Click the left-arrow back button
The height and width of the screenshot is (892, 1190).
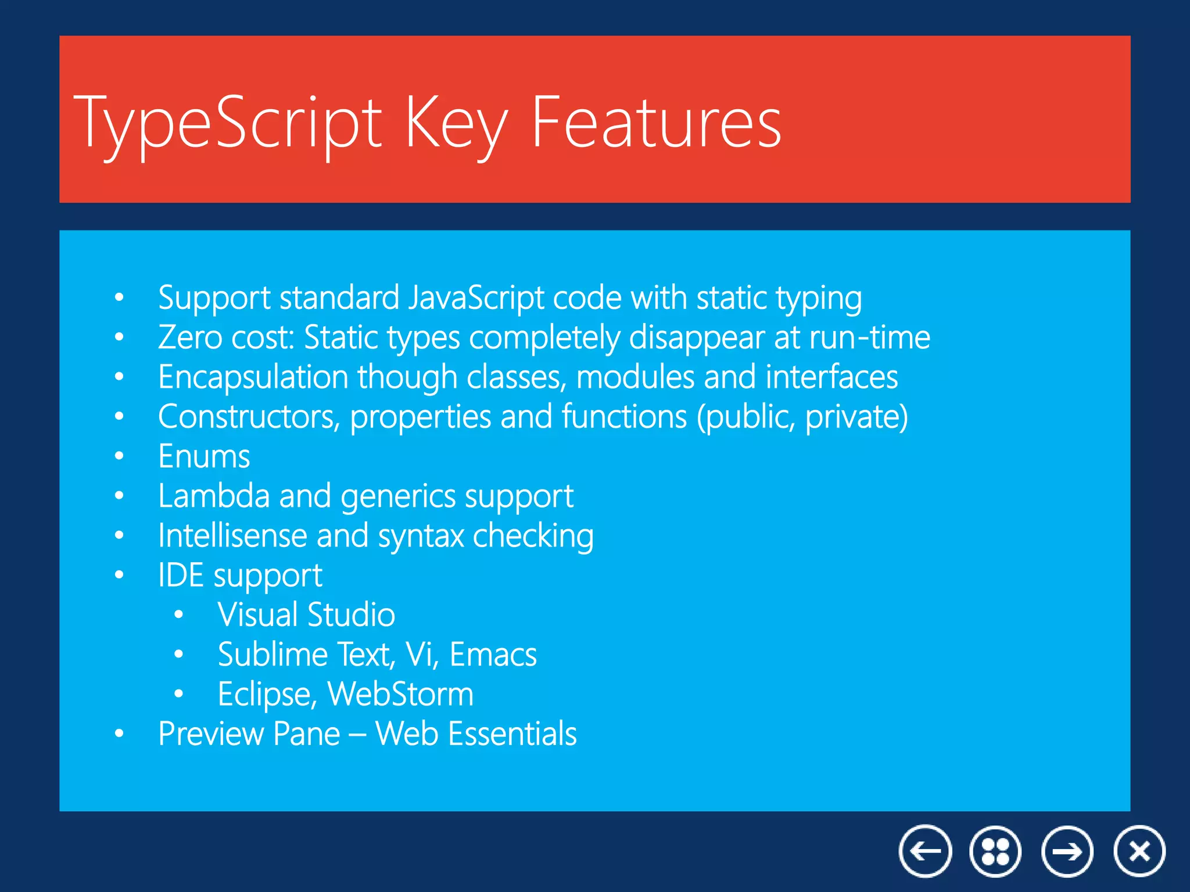pyautogui.click(x=925, y=851)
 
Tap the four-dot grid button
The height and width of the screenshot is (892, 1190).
pyautogui.click(x=995, y=851)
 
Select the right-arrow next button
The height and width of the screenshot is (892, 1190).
pyautogui.click(x=1067, y=851)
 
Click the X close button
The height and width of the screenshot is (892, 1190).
pyautogui.click(x=1139, y=851)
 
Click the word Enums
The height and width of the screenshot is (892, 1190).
pyautogui.click(x=204, y=456)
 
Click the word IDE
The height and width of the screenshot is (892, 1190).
pyautogui.click(x=181, y=576)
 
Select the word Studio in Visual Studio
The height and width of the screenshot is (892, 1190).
pyautogui.click(x=352, y=615)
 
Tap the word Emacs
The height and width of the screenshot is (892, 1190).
pyautogui.click(x=493, y=654)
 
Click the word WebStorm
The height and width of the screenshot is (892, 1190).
pyautogui.click(x=400, y=694)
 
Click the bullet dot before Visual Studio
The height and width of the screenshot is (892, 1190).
pyautogui.click(x=178, y=615)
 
